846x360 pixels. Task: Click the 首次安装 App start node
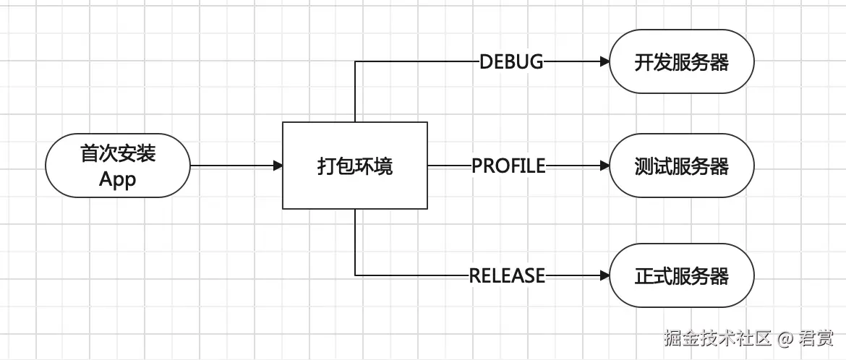coord(117,166)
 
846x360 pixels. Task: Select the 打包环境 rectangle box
coord(354,166)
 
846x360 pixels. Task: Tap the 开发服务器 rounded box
coord(681,61)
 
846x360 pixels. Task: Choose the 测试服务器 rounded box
coord(681,166)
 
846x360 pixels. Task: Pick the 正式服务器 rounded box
coord(681,275)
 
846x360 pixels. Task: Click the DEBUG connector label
coord(511,62)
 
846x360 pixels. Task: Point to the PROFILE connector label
coord(508,166)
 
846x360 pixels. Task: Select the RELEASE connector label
coord(507,275)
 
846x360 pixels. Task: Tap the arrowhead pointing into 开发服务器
coord(604,62)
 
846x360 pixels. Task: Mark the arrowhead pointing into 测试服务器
coord(604,166)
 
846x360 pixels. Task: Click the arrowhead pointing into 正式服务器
coord(604,275)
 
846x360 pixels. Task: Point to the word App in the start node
coord(117,179)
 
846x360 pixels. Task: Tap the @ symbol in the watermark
coord(786,338)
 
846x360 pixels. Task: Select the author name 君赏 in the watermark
coord(816,337)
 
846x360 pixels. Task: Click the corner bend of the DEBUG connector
coord(355,62)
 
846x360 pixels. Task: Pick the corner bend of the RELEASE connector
coord(355,275)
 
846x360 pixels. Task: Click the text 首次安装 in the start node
coord(117,153)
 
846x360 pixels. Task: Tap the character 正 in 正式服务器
coord(643,276)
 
